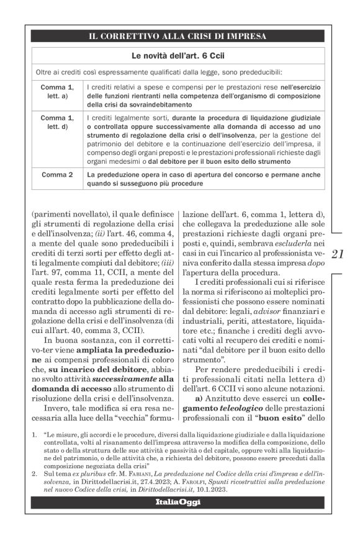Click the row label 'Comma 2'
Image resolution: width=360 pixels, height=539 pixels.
click(x=57, y=176)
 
